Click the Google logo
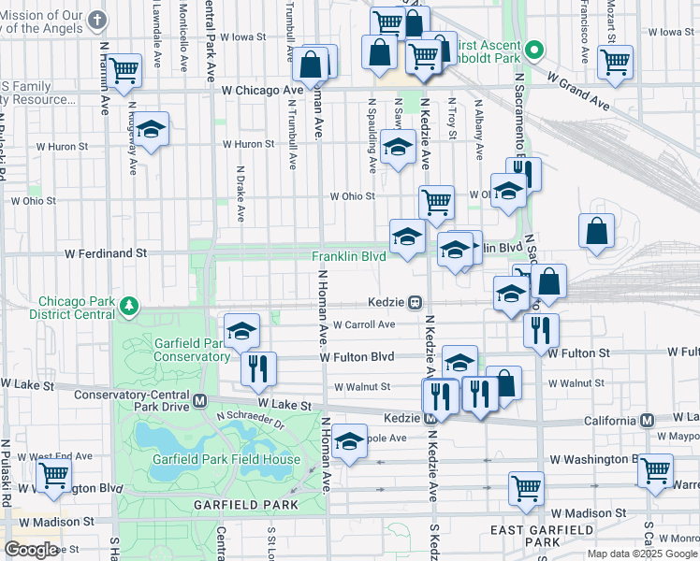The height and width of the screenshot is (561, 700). coord(30,550)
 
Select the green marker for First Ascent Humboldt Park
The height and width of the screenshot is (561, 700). coord(534,49)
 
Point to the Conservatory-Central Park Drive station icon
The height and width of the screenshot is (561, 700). coord(199,400)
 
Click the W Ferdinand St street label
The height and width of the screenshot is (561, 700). coord(105,252)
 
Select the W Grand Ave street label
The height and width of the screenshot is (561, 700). coord(577,88)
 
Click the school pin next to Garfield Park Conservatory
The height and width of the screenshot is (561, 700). coord(241,330)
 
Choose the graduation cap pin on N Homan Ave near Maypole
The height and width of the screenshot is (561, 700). coord(349,442)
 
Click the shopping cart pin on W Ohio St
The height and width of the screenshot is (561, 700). coord(436,201)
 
